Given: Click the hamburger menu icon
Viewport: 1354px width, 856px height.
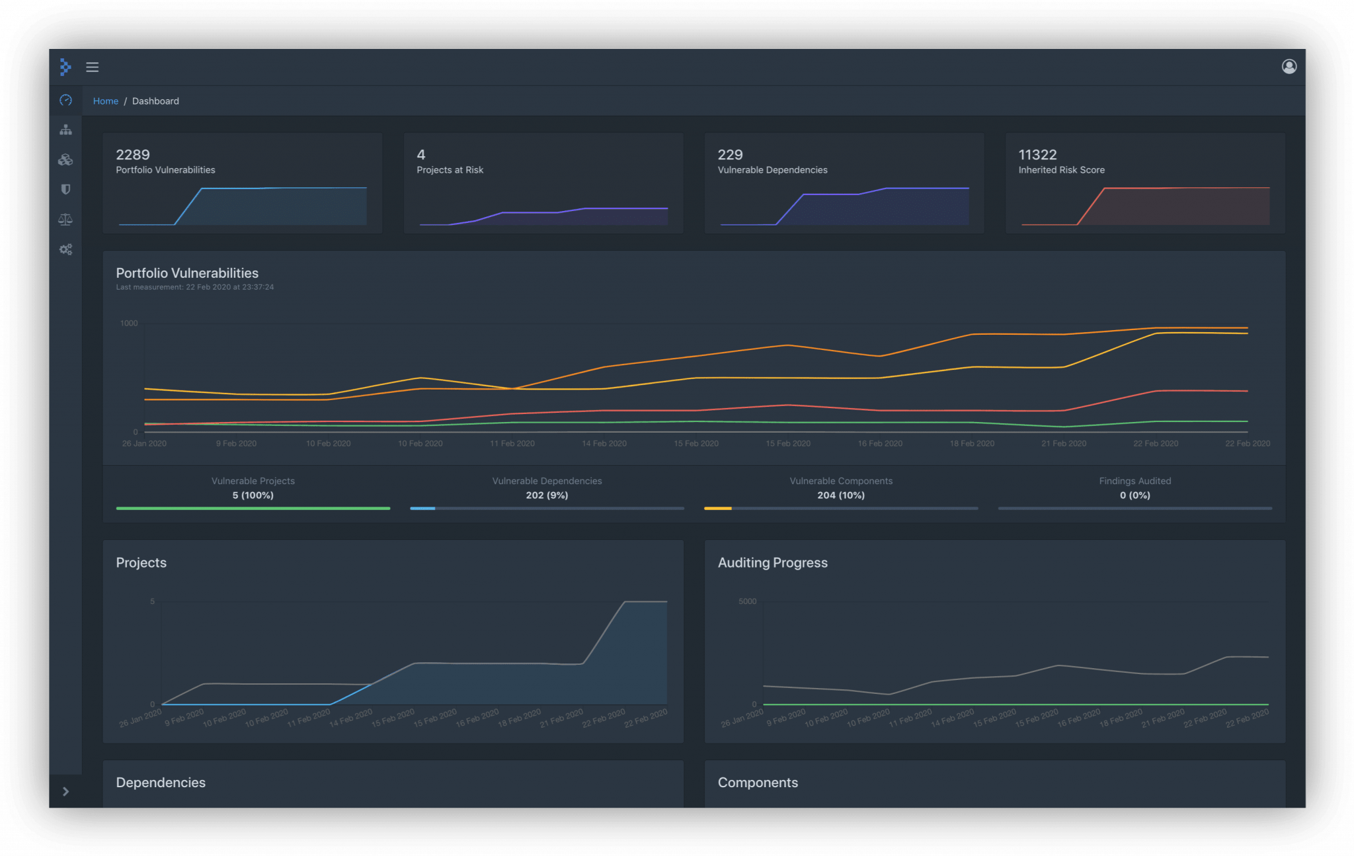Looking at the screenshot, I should click(x=93, y=67).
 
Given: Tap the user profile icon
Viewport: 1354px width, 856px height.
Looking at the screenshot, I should click(x=1289, y=66).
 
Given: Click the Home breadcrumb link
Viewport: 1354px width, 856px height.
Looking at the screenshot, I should click(x=105, y=101).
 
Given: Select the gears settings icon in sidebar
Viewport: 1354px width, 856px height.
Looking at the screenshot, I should click(x=65, y=249).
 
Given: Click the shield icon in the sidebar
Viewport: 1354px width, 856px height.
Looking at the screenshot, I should click(x=65, y=190).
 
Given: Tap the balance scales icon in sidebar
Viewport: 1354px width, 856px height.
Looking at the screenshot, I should click(x=65, y=220).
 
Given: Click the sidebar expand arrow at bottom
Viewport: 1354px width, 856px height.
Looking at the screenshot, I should click(x=65, y=791).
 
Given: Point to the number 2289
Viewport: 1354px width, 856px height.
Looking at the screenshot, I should click(x=133, y=155).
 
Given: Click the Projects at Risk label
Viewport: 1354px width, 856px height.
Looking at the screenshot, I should click(x=450, y=170).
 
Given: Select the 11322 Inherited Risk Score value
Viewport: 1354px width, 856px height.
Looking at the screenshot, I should click(x=1037, y=155).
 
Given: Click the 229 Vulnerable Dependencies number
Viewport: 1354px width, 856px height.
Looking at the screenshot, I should click(x=730, y=155).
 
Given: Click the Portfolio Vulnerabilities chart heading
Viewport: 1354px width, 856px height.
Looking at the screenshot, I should click(x=187, y=273).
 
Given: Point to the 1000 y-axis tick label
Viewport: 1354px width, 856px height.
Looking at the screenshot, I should click(x=129, y=323).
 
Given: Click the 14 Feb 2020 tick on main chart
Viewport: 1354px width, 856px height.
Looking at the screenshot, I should click(x=604, y=444).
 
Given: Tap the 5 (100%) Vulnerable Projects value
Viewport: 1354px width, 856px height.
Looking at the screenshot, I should click(x=253, y=495).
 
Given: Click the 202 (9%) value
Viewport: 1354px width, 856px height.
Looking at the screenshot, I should click(x=547, y=495).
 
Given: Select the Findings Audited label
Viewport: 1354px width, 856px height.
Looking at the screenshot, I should click(x=1135, y=481).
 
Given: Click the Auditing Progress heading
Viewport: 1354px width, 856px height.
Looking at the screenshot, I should click(x=772, y=563).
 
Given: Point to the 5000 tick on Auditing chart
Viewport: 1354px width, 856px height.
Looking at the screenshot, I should click(x=747, y=601).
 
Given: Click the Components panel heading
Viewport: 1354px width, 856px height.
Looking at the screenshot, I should click(x=758, y=783).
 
